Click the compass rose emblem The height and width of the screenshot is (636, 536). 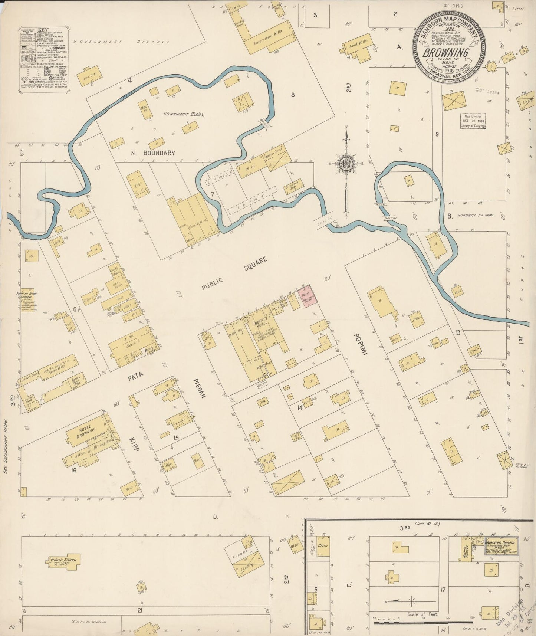[x=346, y=163]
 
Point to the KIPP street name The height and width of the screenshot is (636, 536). [x=134, y=443]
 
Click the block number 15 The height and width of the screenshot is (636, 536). [x=176, y=438]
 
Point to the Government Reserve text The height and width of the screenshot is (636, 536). [x=121, y=42]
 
